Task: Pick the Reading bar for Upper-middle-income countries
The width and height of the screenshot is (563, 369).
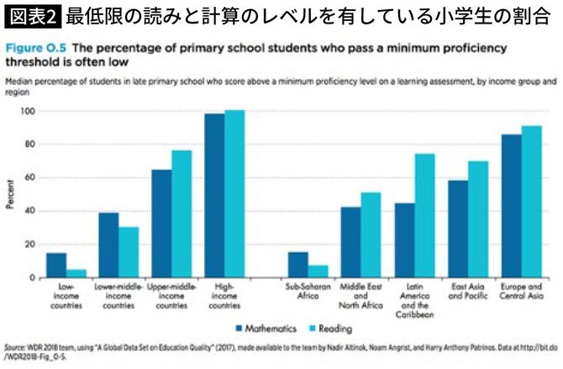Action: click(x=181, y=213)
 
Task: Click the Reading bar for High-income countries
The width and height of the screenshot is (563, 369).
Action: click(x=234, y=193)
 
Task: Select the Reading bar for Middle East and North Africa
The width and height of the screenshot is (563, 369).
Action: click(x=370, y=235)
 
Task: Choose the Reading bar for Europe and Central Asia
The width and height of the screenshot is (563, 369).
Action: click(x=530, y=202)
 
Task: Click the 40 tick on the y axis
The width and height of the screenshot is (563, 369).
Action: click(x=30, y=211)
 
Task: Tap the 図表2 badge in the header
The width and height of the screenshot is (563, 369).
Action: click(x=33, y=15)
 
